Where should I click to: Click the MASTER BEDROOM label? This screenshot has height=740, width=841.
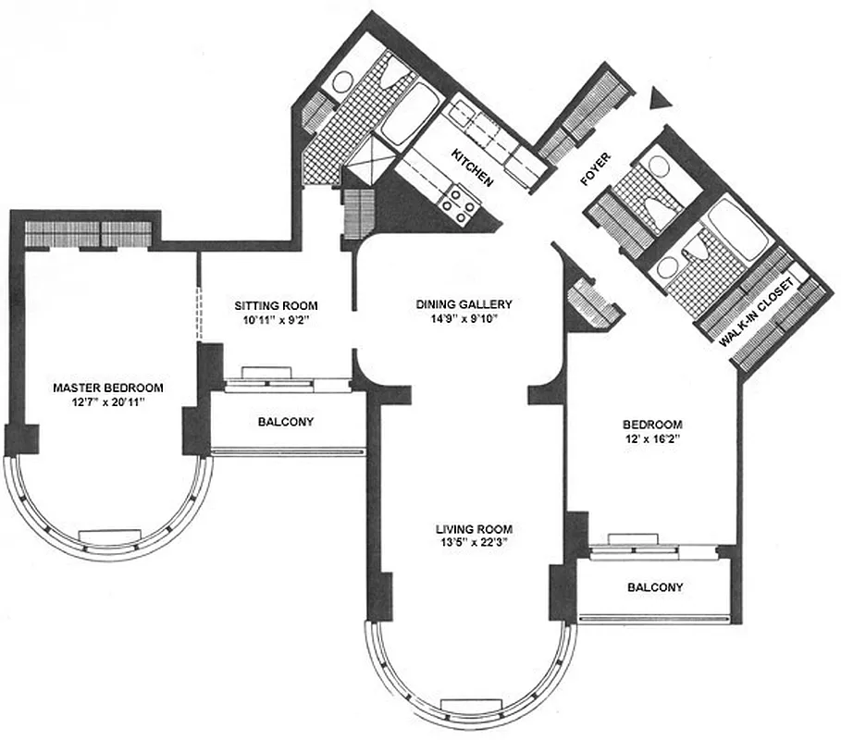pos(108,388)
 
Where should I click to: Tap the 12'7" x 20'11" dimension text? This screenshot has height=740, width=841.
pos(108,402)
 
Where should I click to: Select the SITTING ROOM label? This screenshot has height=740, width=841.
pos(276,306)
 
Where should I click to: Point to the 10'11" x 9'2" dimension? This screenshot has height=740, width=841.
pos(276,321)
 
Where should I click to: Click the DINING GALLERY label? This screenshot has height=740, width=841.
pos(464,303)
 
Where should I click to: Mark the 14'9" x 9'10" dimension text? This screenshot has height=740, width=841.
pos(464,319)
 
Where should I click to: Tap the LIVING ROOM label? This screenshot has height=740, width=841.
pos(474,529)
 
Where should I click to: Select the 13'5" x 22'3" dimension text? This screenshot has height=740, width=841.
pos(474,544)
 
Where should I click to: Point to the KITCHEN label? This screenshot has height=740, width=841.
pos(471,166)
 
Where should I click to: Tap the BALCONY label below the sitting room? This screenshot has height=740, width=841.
pos(285,422)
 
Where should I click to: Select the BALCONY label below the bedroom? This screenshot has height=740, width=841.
pos(655,587)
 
